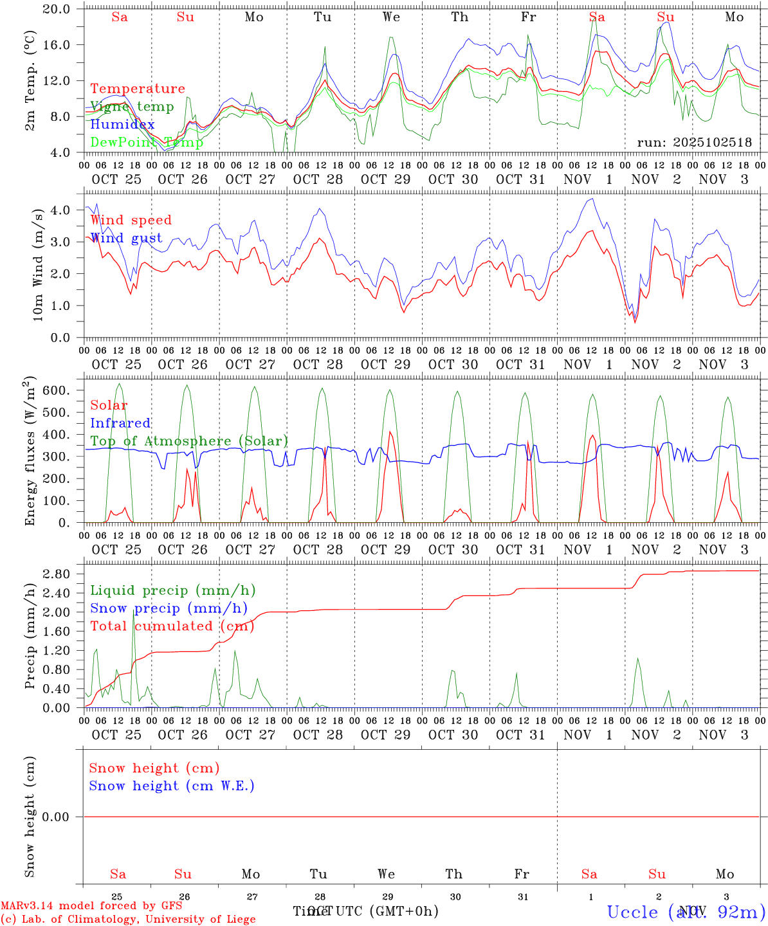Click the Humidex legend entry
(122, 125)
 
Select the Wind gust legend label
(126, 238)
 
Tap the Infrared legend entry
(120, 423)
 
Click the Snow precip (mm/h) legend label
(169, 608)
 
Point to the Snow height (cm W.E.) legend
(171, 786)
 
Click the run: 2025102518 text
(694, 143)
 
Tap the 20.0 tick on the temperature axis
(57, 9)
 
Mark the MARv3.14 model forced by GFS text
(91, 905)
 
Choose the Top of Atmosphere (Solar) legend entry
(188, 441)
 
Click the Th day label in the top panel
(459, 17)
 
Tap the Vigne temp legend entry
(132, 107)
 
